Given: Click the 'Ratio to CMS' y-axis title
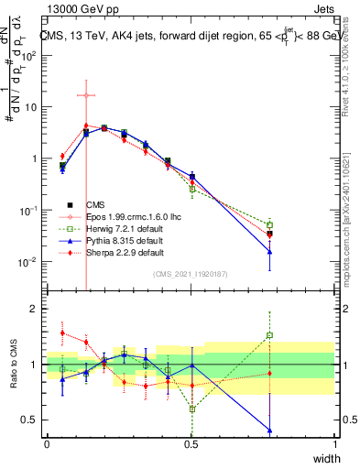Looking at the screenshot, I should pos(15,365).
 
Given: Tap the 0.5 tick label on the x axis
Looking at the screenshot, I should pos(191,443).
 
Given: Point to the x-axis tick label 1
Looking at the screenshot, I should pos(335,443).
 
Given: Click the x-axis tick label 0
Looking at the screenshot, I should pos(48,443).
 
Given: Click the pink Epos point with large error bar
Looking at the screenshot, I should pos(85,95).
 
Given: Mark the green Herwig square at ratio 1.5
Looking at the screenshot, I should pos(269,335).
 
